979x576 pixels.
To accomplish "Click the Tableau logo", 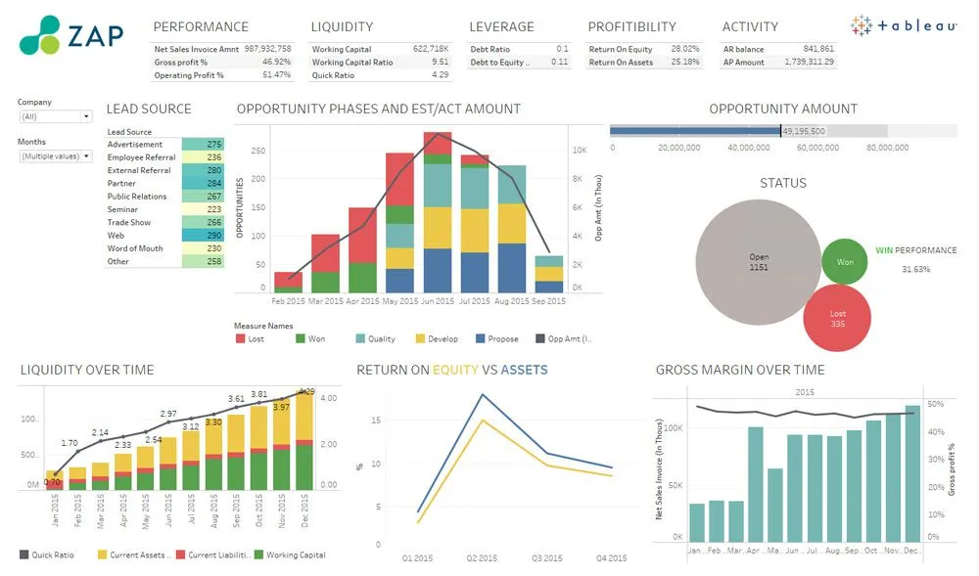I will click(904, 26).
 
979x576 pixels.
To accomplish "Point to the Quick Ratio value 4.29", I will click(440, 74).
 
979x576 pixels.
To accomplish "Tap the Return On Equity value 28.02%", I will click(684, 48).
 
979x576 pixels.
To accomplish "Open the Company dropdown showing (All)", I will click(56, 116).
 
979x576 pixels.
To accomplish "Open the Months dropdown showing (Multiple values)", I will click(56, 156).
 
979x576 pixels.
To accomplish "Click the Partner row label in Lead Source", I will click(121, 183).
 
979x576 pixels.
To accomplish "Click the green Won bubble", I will click(845, 262).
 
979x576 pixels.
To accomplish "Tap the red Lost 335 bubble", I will click(837, 319).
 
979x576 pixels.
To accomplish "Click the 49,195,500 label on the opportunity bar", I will click(804, 131).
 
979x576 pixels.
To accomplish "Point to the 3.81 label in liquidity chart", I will click(259, 394).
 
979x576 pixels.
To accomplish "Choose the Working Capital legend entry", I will click(295, 554).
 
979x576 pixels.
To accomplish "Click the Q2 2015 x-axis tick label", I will click(481, 557).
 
